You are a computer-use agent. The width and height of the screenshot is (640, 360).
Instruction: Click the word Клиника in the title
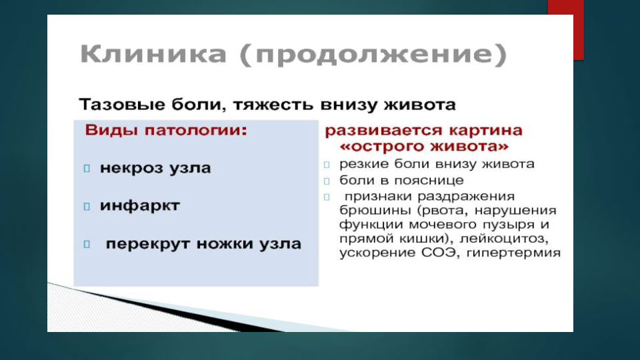coord(153,53)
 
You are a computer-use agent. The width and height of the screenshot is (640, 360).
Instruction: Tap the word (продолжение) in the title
coord(373,55)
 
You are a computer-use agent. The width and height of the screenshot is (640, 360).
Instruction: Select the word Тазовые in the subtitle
coord(121,105)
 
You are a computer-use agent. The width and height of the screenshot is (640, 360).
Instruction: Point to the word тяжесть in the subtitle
coord(273,105)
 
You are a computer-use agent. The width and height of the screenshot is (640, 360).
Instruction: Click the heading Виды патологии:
coord(166,130)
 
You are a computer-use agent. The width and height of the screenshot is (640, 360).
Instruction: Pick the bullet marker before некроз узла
coord(87,168)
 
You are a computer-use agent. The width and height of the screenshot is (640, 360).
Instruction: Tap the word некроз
coord(131,168)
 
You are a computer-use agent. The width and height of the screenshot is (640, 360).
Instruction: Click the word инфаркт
coord(139,205)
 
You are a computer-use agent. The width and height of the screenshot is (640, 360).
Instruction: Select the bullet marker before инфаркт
coord(87,206)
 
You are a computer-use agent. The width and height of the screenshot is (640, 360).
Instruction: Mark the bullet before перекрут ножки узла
coord(87,244)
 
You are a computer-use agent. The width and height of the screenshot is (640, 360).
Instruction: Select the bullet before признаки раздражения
coord(327,197)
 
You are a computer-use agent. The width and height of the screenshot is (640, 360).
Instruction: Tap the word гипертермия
coord(513,253)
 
